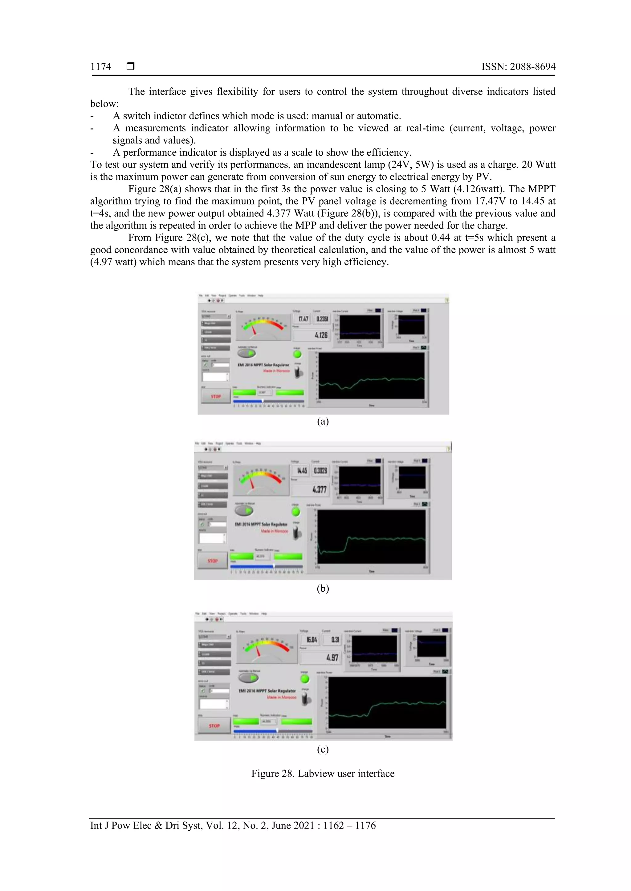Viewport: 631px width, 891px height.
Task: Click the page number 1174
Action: (101, 67)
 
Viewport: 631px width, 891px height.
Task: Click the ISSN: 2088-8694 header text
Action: (518, 67)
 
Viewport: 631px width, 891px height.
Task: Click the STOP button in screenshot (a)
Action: (216, 396)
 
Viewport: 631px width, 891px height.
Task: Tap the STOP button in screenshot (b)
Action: (213, 561)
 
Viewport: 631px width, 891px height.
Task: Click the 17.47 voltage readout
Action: (303, 319)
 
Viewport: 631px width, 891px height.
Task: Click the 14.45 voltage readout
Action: (302, 470)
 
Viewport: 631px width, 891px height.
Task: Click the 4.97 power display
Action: (332, 657)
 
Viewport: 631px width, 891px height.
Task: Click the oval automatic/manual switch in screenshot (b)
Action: (244, 511)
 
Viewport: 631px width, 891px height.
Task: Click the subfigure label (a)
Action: (323, 422)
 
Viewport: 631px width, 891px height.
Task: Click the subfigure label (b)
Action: (323, 589)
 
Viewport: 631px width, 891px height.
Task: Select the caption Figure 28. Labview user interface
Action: (323, 773)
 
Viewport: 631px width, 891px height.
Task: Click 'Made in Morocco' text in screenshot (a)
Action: (276, 371)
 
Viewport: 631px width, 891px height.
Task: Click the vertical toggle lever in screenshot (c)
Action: (306, 699)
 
